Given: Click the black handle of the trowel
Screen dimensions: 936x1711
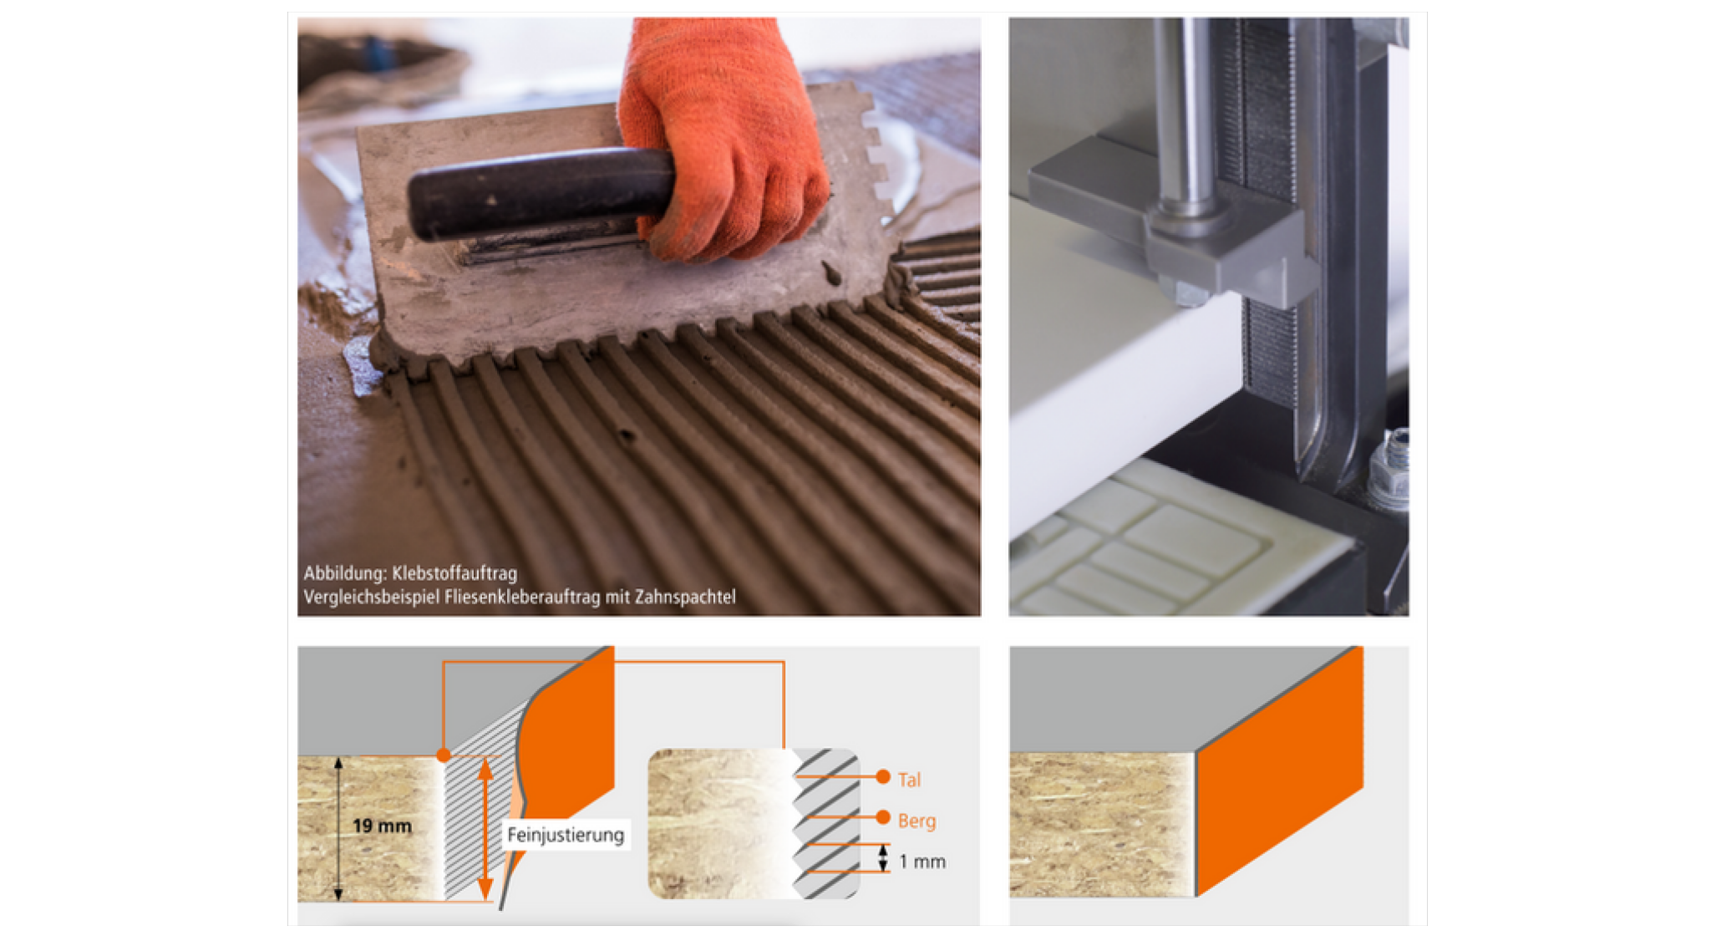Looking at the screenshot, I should [x=535, y=195].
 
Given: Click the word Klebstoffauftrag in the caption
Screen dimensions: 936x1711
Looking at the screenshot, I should [x=454, y=573].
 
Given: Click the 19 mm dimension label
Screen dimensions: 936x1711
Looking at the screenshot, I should [x=382, y=826].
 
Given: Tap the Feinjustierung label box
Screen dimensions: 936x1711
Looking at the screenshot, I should [x=566, y=835].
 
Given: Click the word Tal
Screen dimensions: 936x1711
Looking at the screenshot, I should [x=909, y=780].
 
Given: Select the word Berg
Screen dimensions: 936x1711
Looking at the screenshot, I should [x=916, y=821].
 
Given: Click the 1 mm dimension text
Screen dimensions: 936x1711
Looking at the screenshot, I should [x=922, y=862].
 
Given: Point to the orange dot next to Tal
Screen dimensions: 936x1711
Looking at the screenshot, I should [x=883, y=777].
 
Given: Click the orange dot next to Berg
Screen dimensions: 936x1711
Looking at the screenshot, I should [x=883, y=816].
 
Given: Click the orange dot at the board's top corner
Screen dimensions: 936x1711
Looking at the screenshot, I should [x=444, y=755].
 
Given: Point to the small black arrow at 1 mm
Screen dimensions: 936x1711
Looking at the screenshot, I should [x=883, y=858].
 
